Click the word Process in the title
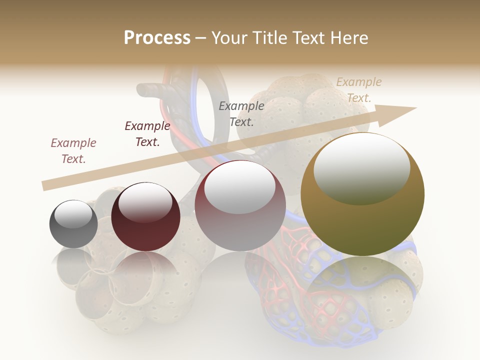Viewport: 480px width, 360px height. (x=157, y=37)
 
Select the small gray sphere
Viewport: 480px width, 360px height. (x=73, y=224)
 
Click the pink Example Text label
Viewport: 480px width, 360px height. (x=73, y=150)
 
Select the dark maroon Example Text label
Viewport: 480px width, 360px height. (x=147, y=133)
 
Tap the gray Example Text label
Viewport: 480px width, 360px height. (x=241, y=113)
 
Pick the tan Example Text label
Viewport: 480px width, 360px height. (x=359, y=89)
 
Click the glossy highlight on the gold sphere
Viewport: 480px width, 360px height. (x=362, y=167)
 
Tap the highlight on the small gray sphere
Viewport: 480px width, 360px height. (x=73, y=214)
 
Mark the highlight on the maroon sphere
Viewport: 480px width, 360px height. (x=145, y=201)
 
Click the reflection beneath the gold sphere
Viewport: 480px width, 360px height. (x=362, y=290)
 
